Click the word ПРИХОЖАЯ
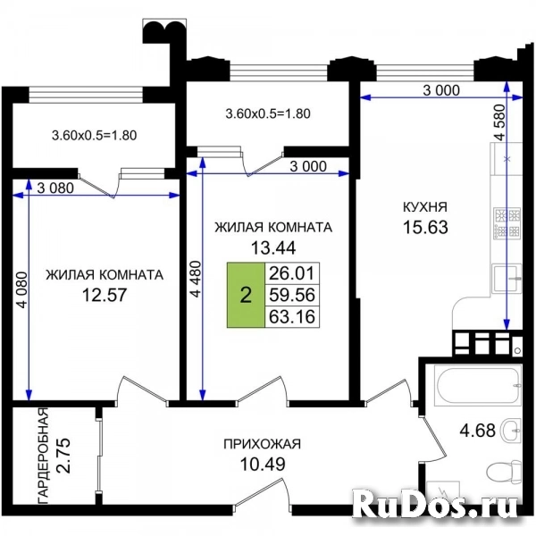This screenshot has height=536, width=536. (262, 443)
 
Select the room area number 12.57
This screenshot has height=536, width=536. (105, 294)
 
